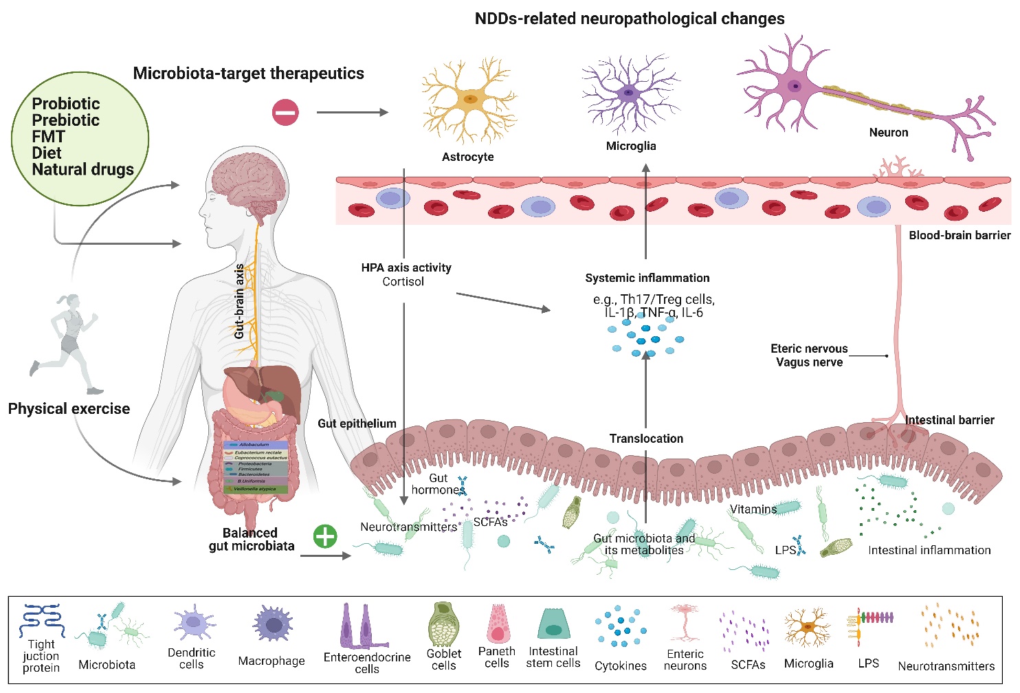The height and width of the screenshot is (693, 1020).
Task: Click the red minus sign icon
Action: point(285,113)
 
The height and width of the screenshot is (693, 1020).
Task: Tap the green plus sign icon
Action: point(325,536)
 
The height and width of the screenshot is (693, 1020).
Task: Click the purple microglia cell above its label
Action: point(629,93)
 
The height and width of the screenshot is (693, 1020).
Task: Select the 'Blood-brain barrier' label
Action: point(959,236)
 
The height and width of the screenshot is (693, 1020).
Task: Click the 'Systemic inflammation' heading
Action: point(647,278)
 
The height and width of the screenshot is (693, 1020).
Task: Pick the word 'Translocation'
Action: point(646,439)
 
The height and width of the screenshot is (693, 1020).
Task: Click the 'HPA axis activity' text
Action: point(406,268)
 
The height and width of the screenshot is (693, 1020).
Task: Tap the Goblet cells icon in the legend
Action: point(443,624)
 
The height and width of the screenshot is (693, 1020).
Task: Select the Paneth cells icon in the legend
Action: point(497,624)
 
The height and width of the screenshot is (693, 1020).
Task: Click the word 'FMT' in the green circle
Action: point(48,137)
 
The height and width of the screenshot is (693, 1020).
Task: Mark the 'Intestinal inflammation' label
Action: point(929,551)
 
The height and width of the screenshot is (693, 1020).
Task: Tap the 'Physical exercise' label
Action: point(69,409)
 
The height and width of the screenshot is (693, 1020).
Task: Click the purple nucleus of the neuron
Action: point(795,87)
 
